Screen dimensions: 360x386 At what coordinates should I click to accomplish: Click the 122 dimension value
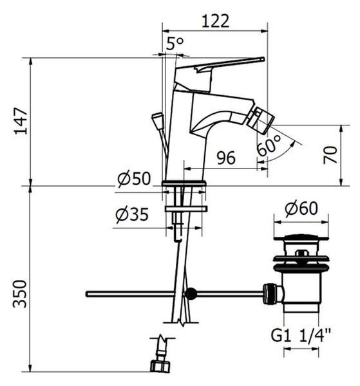click(x=215, y=21)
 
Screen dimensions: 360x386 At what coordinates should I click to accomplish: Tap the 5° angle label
click(x=175, y=44)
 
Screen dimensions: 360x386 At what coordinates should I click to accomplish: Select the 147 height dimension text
click(x=21, y=121)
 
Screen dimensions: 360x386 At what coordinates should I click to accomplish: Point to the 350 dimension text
click(x=20, y=294)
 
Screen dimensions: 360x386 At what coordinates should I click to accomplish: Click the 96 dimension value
click(x=226, y=158)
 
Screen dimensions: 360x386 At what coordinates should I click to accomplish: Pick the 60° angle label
click(x=269, y=145)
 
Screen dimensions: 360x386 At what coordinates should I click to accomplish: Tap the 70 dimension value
click(x=330, y=155)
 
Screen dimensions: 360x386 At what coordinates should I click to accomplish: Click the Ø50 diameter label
click(x=134, y=178)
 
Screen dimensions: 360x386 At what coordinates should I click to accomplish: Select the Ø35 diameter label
click(x=132, y=214)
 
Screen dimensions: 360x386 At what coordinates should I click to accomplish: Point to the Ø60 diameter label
click(x=301, y=208)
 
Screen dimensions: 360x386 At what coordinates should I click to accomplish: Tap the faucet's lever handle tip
click(x=263, y=59)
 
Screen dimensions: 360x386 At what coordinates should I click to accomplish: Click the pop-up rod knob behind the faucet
click(x=157, y=118)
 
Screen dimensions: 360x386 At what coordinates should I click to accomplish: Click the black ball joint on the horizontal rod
click(x=191, y=294)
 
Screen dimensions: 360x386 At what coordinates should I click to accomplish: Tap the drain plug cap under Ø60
click(x=301, y=237)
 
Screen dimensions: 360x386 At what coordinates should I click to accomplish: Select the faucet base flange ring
click(x=184, y=183)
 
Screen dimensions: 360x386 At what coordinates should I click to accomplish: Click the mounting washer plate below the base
click(x=186, y=209)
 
